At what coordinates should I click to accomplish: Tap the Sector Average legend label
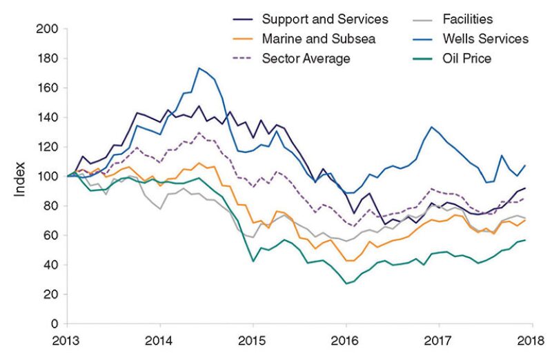[306, 58]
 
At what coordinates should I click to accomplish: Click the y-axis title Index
[19, 177]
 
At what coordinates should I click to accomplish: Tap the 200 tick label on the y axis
[48, 30]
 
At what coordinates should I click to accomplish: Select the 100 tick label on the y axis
[48, 177]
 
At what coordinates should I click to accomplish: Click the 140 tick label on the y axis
[48, 118]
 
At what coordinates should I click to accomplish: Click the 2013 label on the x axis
[68, 339]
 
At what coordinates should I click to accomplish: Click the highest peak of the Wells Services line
[199, 68]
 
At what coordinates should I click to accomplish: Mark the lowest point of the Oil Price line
[346, 283]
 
